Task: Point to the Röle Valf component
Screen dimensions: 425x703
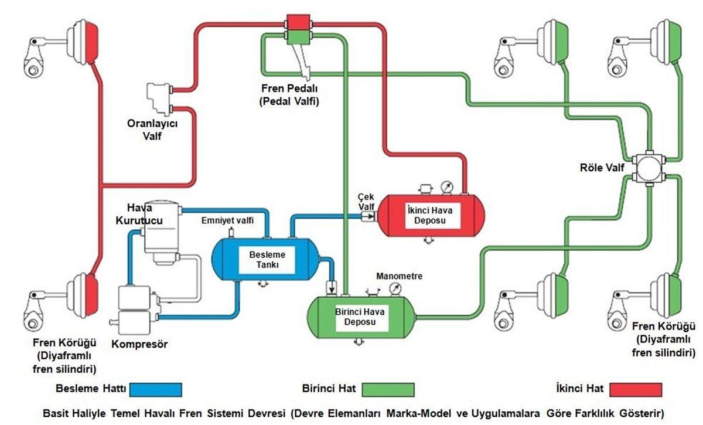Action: (650, 168)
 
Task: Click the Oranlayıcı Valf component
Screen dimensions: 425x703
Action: (158, 97)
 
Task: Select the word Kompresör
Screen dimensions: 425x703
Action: (139, 345)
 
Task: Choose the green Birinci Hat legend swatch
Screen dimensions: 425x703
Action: (388, 389)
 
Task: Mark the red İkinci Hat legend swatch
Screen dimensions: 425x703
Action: (636, 389)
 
